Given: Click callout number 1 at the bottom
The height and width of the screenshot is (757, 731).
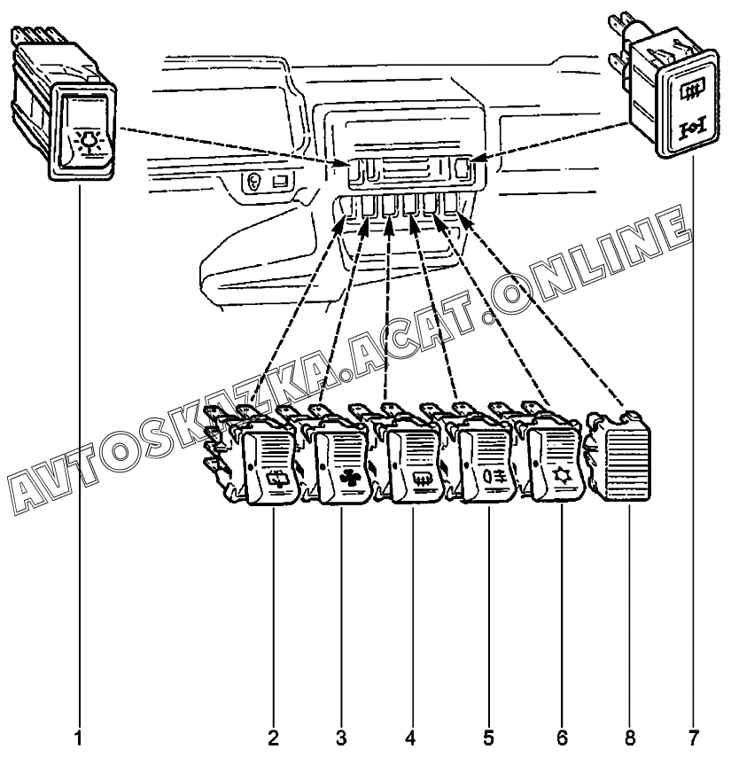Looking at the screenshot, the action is pos(78,738).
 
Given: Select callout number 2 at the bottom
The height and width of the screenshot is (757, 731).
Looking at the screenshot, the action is pos(273,738).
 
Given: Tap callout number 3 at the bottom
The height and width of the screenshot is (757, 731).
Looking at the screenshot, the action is pos(341,738).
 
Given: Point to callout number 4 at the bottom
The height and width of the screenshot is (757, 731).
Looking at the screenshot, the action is pos(410,738).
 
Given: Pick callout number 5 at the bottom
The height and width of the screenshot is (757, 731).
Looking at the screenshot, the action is pos(488,738).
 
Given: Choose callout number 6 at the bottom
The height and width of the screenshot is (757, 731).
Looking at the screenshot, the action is pos(562,738).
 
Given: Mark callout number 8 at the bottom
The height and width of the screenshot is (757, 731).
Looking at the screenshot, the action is pos(630,738).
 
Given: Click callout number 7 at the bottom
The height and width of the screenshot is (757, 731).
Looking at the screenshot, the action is pos(694,738).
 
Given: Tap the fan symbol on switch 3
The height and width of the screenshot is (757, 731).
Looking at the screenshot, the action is pos(350,478).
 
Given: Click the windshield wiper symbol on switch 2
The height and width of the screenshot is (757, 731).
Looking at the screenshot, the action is pos(279,478).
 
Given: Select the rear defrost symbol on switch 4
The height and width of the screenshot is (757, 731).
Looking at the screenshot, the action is pos(422,480).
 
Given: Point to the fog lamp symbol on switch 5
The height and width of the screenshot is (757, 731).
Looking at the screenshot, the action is pos(494,477).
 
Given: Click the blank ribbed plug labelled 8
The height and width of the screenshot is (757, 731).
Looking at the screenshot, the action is pos(621,458).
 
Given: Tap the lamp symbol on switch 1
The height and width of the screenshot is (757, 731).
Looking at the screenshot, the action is pos(89,140).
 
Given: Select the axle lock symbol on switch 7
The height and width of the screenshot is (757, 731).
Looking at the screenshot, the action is pos(692,129).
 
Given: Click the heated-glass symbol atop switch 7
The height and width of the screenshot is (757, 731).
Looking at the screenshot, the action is pos(689,91).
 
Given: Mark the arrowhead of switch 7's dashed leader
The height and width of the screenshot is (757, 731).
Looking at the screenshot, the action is pos(476,158).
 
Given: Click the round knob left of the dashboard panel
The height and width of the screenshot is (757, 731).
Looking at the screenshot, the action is pos(253,183).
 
